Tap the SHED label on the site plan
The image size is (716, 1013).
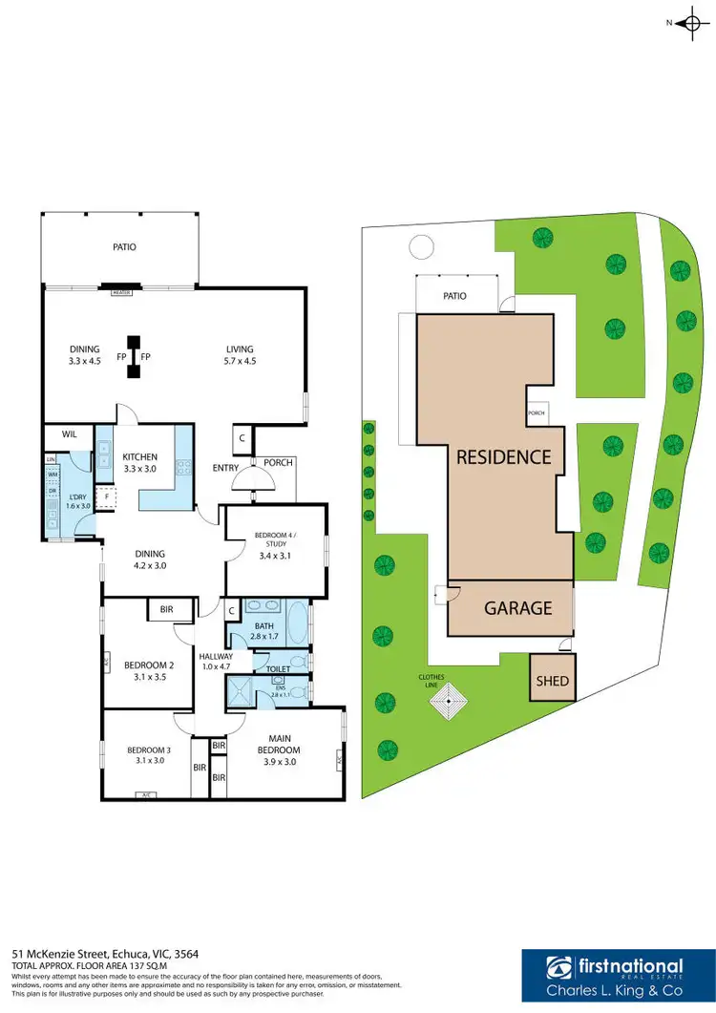[553, 681]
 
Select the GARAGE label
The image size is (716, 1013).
[516, 607]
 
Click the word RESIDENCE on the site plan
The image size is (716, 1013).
[503, 456]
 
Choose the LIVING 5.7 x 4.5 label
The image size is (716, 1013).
[240, 354]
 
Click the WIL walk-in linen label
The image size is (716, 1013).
[69, 434]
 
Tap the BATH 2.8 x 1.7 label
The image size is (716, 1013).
[264, 631]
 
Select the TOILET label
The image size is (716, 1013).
[278, 669]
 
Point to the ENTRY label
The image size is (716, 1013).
[225, 468]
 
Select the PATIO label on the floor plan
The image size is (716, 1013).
[124, 246]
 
